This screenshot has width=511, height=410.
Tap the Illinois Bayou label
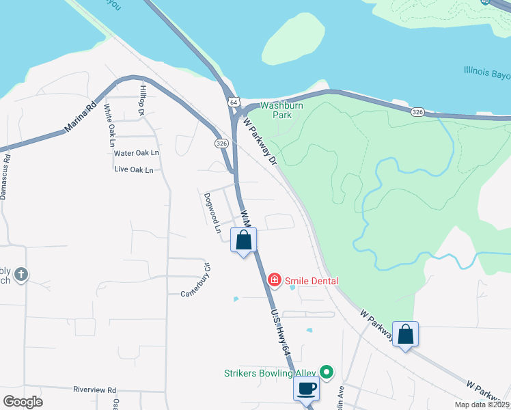pos(486,70)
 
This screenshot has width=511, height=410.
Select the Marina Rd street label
pos(80,119)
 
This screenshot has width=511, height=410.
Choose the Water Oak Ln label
pos(137,153)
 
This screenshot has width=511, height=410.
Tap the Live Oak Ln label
pos(134,169)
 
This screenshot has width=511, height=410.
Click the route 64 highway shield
pos(234,102)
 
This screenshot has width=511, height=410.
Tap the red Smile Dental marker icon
pos(275,280)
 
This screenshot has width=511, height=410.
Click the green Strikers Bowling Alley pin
pos(327,372)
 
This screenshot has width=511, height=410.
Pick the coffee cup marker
pos(306,389)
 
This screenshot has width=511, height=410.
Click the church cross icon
pos(21,275)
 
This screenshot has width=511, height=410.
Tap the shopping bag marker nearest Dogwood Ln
pos(244,241)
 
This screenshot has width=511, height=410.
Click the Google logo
pos(23,401)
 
